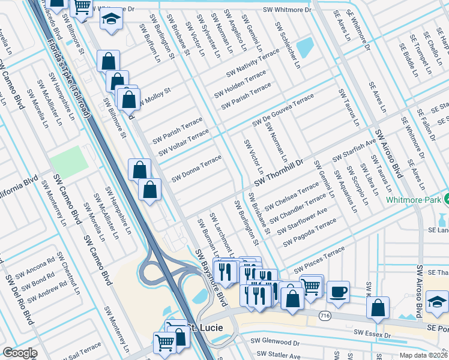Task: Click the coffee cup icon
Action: tap(338, 291)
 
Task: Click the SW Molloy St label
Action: tap(154, 98)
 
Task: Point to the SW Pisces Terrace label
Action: tap(319, 259)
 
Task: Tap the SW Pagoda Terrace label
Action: tap(310, 233)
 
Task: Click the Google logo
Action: tap(20, 353)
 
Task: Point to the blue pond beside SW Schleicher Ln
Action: tap(306, 46)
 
